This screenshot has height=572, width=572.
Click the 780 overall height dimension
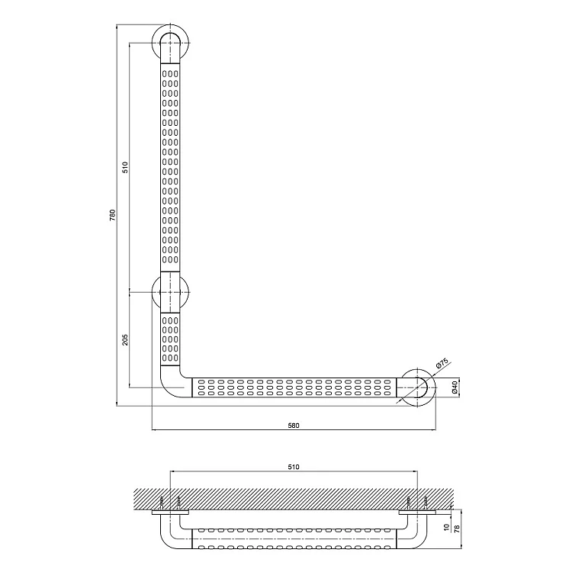(x=112, y=215)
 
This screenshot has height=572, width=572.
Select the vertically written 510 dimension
(x=125, y=168)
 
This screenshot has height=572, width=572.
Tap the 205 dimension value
(x=125, y=339)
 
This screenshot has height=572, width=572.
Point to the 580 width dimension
(x=294, y=426)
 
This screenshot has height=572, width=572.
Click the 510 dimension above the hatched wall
(x=294, y=467)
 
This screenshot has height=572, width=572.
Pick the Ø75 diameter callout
(x=442, y=363)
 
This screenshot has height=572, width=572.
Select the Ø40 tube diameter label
(x=455, y=387)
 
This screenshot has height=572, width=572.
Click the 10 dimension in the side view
(x=447, y=528)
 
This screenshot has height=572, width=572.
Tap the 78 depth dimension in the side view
(x=458, y=528)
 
